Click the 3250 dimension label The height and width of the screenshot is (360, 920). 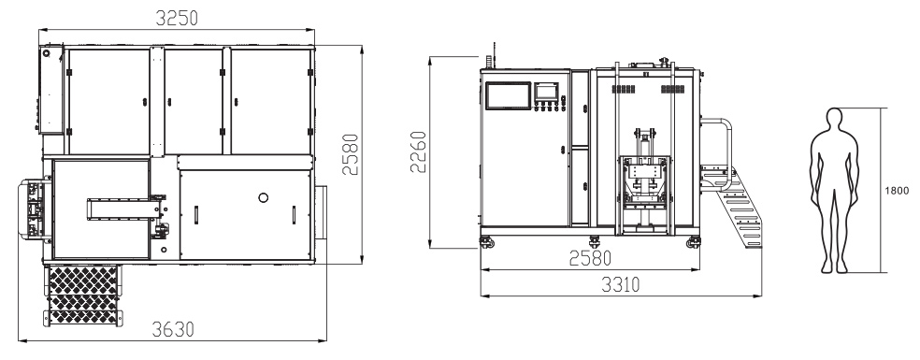coord(177,18)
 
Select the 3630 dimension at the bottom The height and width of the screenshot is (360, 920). coord(172,329)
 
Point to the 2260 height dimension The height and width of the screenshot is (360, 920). coord(418,152)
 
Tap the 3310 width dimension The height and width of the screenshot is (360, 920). coord(620,285)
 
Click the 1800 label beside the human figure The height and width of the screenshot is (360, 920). coord(898,190)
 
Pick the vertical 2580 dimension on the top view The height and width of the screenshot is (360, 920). coord(351,154)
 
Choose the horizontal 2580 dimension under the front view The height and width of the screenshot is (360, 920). coord(590,258)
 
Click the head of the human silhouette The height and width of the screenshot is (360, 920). coord(834,117)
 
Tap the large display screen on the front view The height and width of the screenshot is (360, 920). coord(508,95)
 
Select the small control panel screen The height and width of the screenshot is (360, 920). coord(547,91)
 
